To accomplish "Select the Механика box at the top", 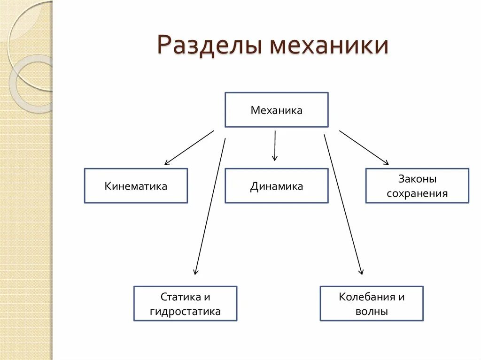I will tap(276, 110).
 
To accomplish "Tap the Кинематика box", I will tap(136, 186).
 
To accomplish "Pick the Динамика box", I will tap(276, 186).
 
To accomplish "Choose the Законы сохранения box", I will tap(417, 186).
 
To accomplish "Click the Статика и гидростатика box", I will tap(185, 304).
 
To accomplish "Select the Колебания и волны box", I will tap(372, 304).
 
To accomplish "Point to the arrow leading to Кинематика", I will tap(189, 147).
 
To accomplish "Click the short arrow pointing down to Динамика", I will tap(275, 146).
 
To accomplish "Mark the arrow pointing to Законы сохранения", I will tap(364, 147).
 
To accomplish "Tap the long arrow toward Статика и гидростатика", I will tap(210, 207).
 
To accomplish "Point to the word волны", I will tap(372, 311).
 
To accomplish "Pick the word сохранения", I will tap(417, 193).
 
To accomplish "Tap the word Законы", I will tap(417, 179).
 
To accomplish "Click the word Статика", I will tap(178, 297).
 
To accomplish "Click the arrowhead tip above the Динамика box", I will tap(275, 161).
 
